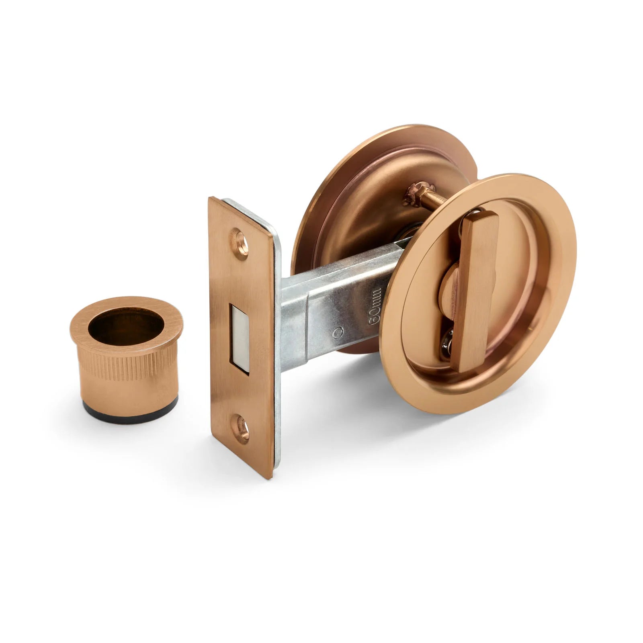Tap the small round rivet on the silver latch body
pyautogui.click(x=338, y=332)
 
